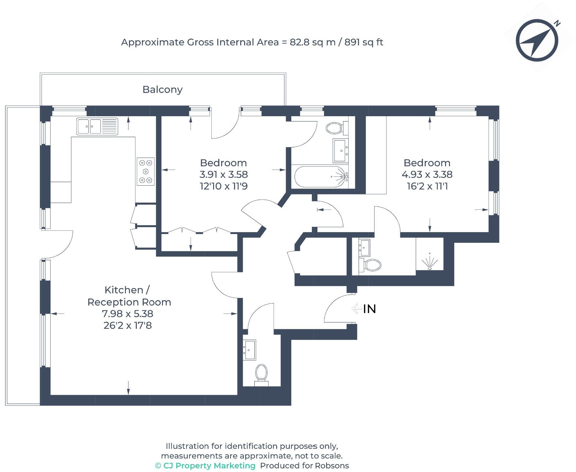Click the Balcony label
click(x=162, y=89)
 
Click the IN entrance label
click(x=369, y=309)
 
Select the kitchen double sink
click(x=97, y=126)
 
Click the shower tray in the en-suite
click(x=429, y=255)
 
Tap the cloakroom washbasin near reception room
click(x=249, y=350)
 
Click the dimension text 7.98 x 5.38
click(x=128, y=314)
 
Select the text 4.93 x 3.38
click(x=427, y=174)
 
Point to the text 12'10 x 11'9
click(x=224, y=186)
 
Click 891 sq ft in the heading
click(x=364, y=42)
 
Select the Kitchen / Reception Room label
click(x=129, y=296)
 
